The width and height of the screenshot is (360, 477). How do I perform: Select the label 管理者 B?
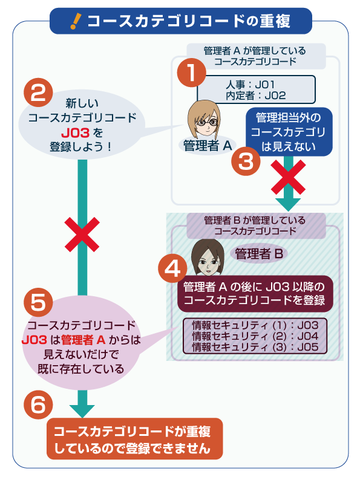click(x=259, y=254)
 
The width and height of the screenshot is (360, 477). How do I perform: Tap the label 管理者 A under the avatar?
click(x=207, y=145)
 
